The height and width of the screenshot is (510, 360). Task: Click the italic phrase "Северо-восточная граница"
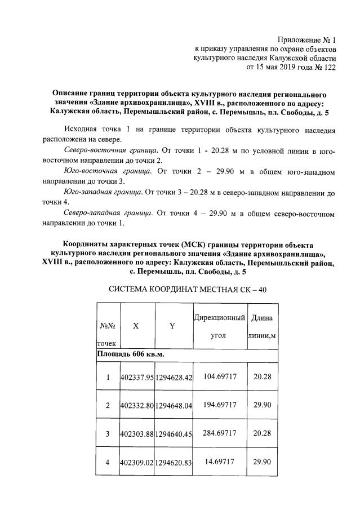click(110, 151)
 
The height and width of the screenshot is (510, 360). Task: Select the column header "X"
click(136, 326)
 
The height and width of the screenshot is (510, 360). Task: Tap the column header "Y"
click(172, 326)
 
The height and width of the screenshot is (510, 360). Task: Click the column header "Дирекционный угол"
click(219, 326)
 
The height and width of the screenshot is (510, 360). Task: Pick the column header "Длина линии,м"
click(263, 326)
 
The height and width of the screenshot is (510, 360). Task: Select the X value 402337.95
click(136, 377)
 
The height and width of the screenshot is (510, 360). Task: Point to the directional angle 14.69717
click(220, 462)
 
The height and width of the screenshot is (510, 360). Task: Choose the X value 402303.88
click(136, 433)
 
